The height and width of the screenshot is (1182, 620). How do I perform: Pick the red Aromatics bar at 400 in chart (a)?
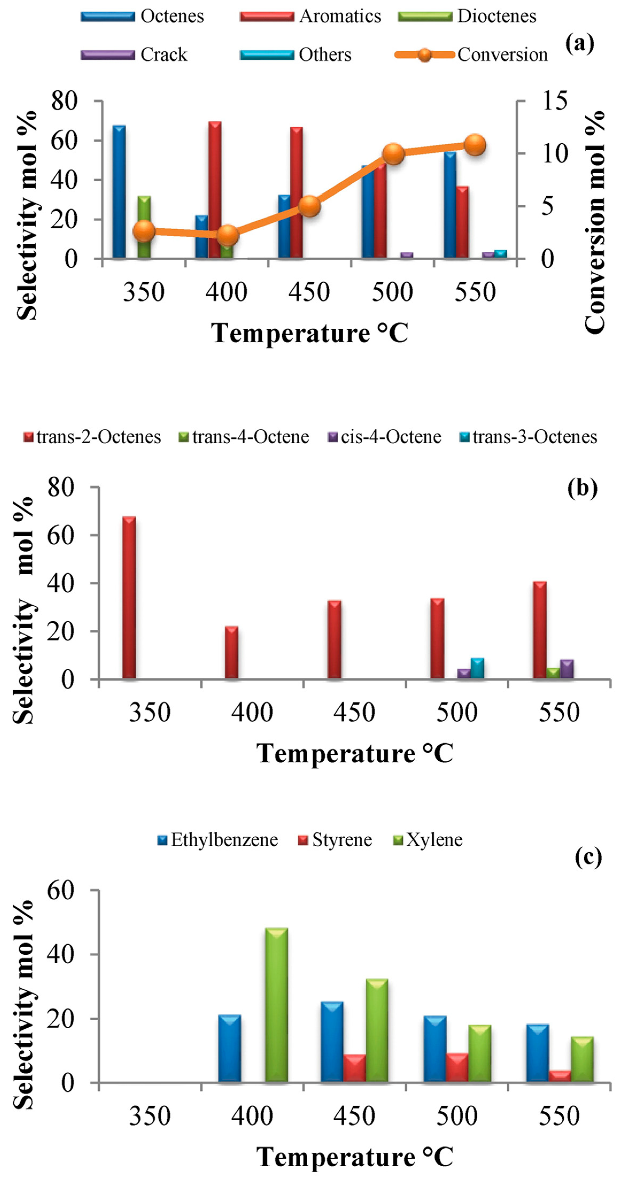coord(215,184)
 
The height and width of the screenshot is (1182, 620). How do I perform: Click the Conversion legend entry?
coord(502,55)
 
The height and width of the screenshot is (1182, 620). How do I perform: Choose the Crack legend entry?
coord(163,55)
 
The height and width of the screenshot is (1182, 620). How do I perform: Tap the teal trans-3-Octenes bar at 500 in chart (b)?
coord(477,668)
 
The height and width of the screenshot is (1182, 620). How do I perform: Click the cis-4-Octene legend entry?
coord(390,437)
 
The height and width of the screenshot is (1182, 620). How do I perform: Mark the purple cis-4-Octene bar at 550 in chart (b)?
coord(567,669)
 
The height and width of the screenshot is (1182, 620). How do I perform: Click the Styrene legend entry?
coord(342,840)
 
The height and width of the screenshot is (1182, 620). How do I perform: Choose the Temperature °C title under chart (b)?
coord(354,753)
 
